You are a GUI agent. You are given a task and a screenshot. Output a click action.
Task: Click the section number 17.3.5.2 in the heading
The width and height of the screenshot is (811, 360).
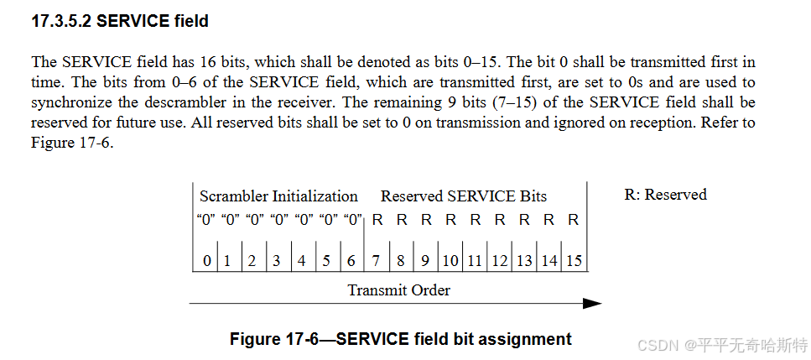click(x=61, y=22)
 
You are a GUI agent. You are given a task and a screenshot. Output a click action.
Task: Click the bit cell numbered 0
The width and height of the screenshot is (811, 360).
click(x=206, y=260)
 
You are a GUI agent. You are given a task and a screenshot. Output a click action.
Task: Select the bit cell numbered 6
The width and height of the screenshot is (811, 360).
click(x=351, y=260)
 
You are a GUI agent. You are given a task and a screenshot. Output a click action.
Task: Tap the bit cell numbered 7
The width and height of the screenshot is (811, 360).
click(x=377, y=260)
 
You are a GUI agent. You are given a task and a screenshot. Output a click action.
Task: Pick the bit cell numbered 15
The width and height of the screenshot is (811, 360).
click(x=574, y=260)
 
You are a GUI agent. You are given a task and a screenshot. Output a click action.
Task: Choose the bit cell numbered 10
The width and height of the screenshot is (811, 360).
click(x=450, y=260)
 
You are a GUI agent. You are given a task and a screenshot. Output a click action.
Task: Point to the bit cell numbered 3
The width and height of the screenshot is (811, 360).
click(x=276, y=260)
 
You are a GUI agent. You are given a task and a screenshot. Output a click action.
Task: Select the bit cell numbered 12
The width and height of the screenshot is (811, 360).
click(x=500, y=260)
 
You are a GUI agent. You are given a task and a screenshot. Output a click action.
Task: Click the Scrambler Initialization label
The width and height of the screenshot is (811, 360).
click(x=278, y=196)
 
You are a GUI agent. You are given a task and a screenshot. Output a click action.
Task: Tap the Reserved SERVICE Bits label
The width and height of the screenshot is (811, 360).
click(x=464, y=196)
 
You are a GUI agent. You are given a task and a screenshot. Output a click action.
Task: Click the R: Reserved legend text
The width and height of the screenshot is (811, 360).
click(x=665, y=195)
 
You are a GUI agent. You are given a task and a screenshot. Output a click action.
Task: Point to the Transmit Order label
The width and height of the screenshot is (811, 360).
click(x=399, y=290)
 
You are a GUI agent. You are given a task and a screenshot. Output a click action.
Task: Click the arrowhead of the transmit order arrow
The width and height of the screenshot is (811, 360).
click(x=593, y=304)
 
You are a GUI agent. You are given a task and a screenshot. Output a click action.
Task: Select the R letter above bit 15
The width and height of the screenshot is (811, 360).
click(x=574, y=220)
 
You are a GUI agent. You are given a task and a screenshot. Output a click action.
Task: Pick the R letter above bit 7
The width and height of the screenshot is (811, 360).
click(x=377, y=220)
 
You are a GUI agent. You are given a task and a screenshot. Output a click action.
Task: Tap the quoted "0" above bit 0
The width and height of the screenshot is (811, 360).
click(x=206, y=220)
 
